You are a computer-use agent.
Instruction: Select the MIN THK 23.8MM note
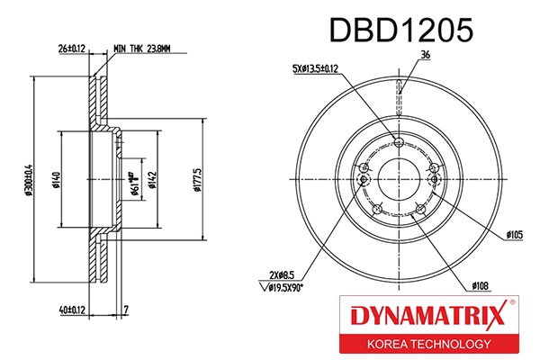(148, 48)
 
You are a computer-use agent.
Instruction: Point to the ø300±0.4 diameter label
(31, 180)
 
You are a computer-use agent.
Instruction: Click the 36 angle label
(425, 56)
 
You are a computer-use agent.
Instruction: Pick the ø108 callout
(480, 286)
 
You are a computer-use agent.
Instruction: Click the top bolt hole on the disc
(400, 140)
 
